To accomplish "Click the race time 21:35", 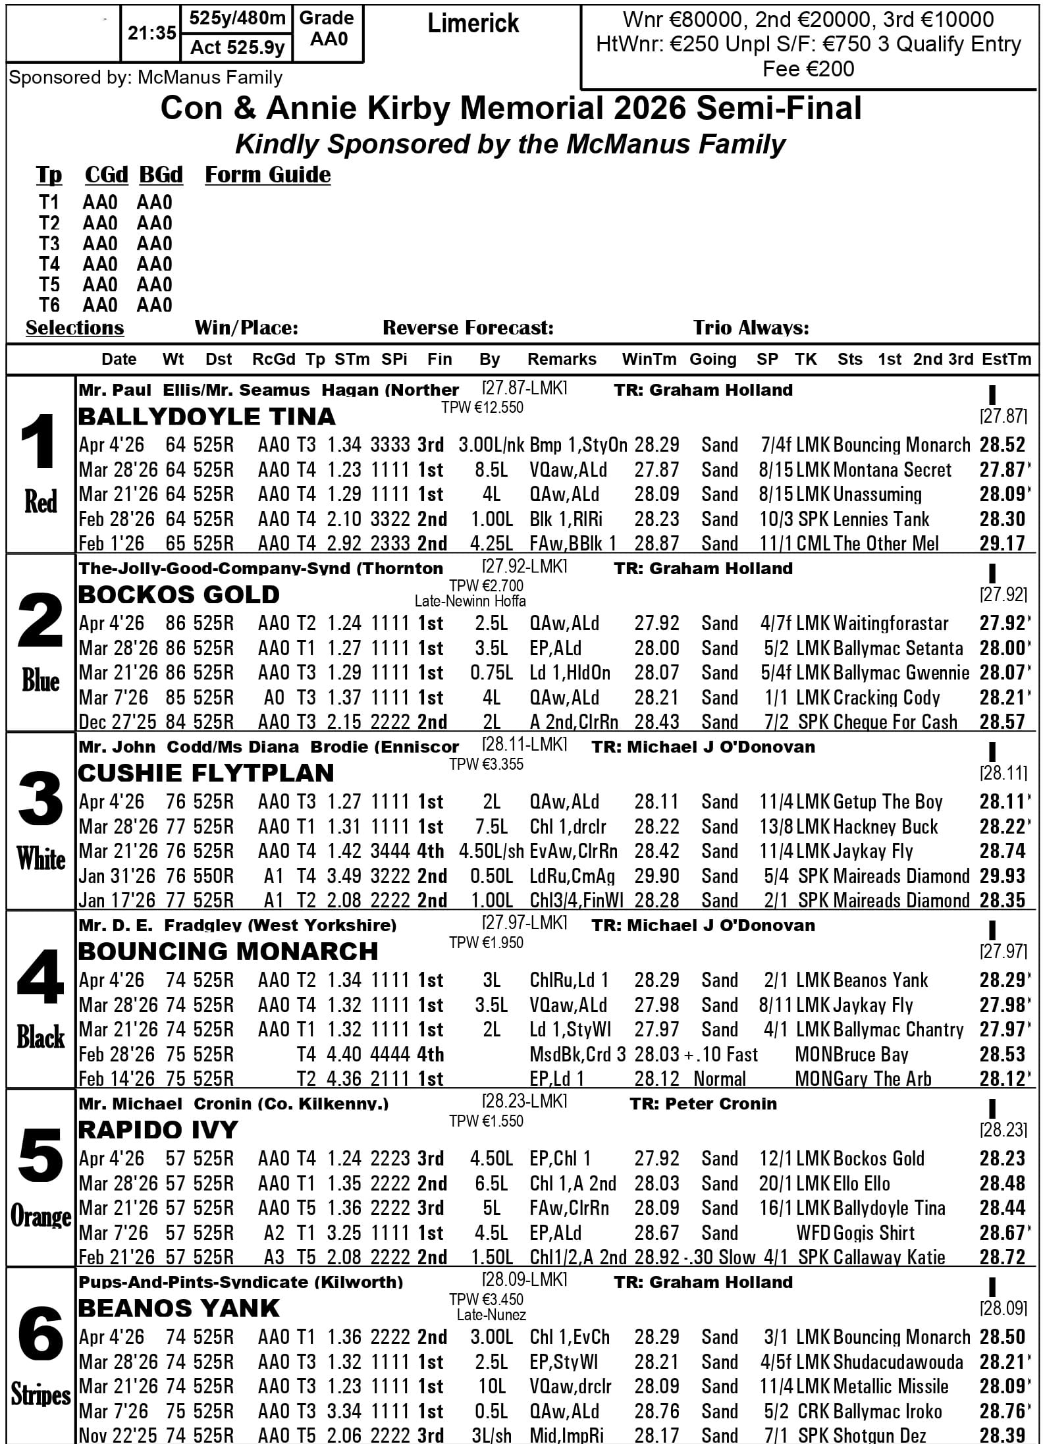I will (151, 34).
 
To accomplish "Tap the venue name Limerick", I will (473, 24).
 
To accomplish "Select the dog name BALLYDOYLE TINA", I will (207, 417).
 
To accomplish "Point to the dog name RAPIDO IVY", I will (157, 1130).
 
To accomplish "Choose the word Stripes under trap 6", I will (40, 1395).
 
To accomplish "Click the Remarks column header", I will (562, 360).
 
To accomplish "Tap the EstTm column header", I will (1005, 360).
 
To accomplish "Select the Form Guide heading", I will (267, 175).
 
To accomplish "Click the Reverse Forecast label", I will (468, 328).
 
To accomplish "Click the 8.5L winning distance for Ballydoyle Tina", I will (491, 470).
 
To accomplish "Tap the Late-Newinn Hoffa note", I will (470, 601).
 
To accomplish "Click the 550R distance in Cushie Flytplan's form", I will (213, 876).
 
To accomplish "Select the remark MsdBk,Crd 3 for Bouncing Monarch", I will (577, 1055).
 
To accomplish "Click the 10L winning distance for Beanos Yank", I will (492, 1387).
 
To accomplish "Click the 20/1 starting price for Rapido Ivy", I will (773, 1184).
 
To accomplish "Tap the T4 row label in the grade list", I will (49, 264).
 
